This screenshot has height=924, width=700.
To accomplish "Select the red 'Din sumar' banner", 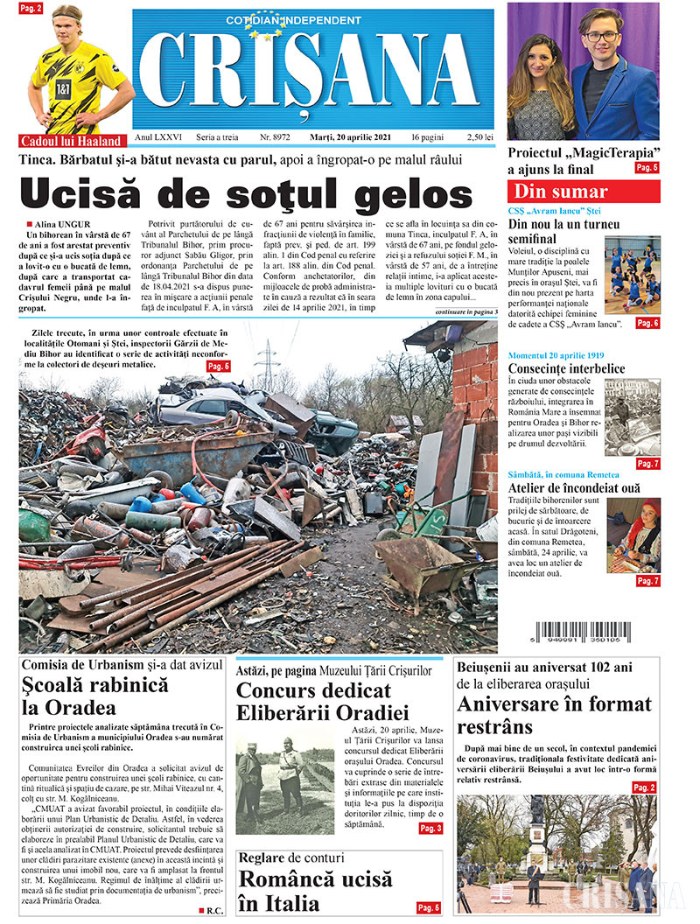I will (582, 192).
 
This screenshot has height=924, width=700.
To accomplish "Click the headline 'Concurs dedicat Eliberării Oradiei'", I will (323, 701).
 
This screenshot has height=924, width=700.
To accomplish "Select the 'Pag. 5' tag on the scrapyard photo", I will (220, 366).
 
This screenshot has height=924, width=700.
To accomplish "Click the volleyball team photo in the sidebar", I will (632, 275).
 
